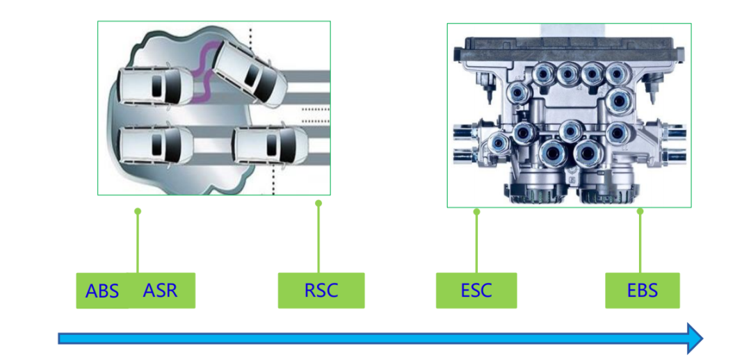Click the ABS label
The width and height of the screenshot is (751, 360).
tap(102, 291)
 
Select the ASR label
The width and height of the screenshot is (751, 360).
tap(161, 290)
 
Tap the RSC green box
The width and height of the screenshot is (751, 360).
tap(321, 291)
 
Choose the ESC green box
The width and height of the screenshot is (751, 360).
tap(476, 291)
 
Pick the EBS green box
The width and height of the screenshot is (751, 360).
tap(642, 291)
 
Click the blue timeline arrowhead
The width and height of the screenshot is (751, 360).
tap(694, 338)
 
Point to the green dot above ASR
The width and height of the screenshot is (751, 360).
tap(138, 211)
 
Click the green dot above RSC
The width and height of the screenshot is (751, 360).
tap(318, 203)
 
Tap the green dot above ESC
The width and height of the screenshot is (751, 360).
tap(476, 211)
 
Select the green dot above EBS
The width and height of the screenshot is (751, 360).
tap(640, 211)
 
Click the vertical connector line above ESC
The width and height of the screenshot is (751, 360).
tap(476, 243)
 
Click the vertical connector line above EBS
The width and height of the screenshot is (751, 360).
tap(640, 243)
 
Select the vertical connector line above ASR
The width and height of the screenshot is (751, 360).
tap(138, 243)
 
